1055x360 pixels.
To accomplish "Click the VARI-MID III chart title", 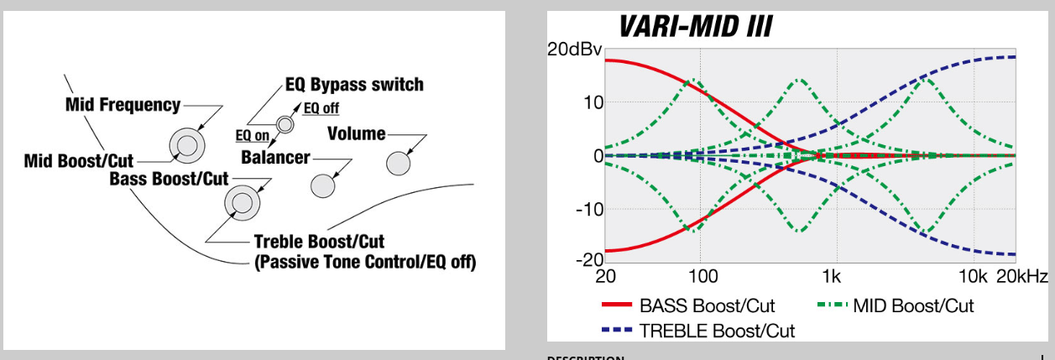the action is coord(695,26).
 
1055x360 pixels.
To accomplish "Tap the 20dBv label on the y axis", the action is coord(575,50).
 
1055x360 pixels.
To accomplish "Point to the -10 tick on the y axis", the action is coord(590,209).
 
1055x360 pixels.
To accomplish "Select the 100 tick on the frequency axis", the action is coord(703,276).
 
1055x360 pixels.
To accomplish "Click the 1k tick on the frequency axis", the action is coord(831,276).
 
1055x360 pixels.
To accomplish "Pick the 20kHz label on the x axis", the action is coord(1022,276).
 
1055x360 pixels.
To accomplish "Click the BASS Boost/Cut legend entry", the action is coord(688,305).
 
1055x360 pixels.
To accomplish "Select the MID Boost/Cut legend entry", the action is coord(896,305).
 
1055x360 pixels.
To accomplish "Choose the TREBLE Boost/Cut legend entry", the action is coord(698,331).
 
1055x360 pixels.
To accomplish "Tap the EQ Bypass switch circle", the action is coord(285,125).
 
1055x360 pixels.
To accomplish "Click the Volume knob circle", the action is coord(398,164).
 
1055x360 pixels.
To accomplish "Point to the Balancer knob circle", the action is coord(322,185).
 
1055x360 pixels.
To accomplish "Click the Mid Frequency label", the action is coord(123,105).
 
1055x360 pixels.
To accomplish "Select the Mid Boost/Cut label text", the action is coord(79,160).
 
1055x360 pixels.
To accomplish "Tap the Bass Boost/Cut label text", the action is coord(169,179).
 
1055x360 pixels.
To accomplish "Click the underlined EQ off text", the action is coord(321,108).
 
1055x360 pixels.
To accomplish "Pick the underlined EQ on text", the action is coord(253,136).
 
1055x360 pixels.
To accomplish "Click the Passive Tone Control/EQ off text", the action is coord(365,262).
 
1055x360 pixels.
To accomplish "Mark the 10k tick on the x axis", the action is coord(973,276).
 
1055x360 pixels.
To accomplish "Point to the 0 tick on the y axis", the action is coord(598,156).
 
